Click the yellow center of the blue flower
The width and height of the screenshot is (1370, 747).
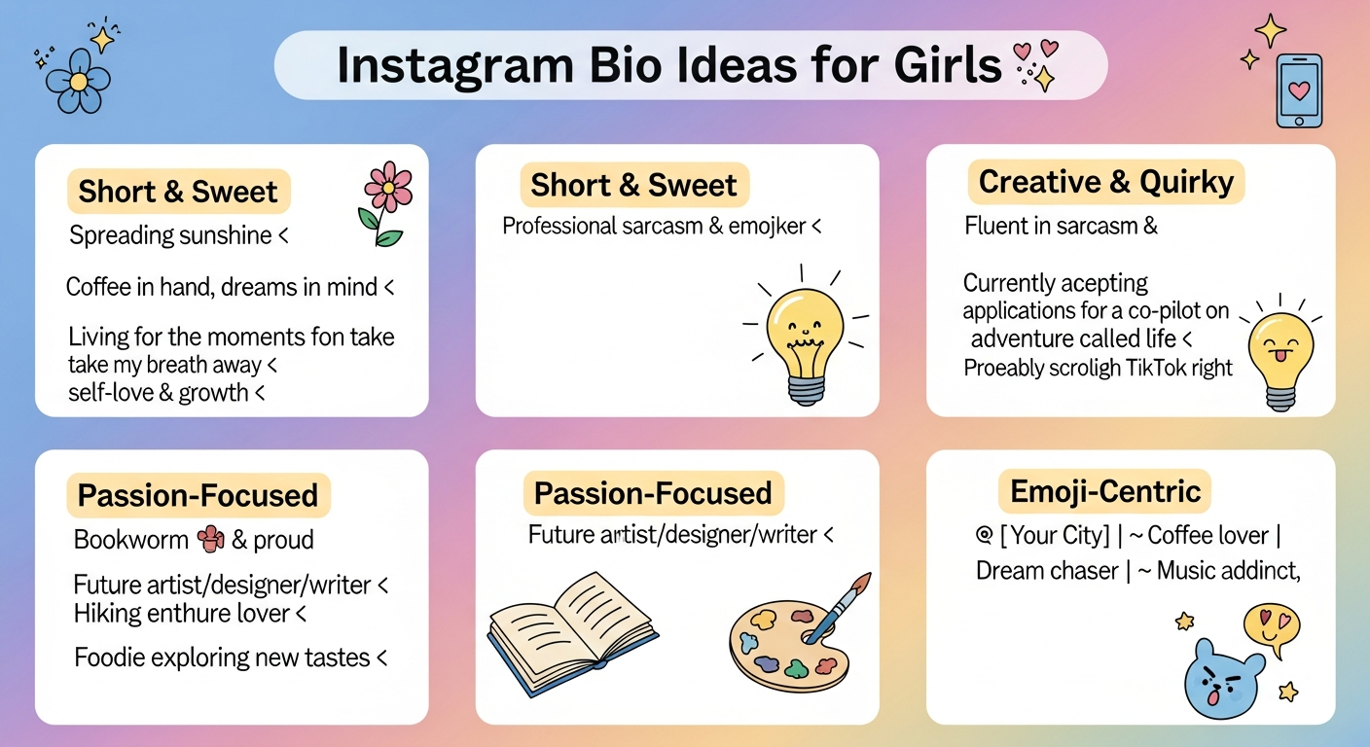pyautogui.click(x=78, y=82)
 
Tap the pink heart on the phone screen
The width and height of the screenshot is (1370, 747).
pyautogui.click(x=1299, y=91)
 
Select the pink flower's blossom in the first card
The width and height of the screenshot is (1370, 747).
pyautogui.click(x=388, y=187)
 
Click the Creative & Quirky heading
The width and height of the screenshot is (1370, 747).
pyautogui.click(x=1105, y=182)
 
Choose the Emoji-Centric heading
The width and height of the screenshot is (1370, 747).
pyautogui.click(x=1104, y=491)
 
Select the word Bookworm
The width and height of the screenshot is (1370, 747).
pyautogui.click(x=131, y=540)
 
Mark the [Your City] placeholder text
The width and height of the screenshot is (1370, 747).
pyautogui.click(x=1055, y=536)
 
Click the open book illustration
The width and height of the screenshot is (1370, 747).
pyautogui.click(x=572, y=634)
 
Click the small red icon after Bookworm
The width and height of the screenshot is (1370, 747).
pyautogui.click(x=210, y=539)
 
